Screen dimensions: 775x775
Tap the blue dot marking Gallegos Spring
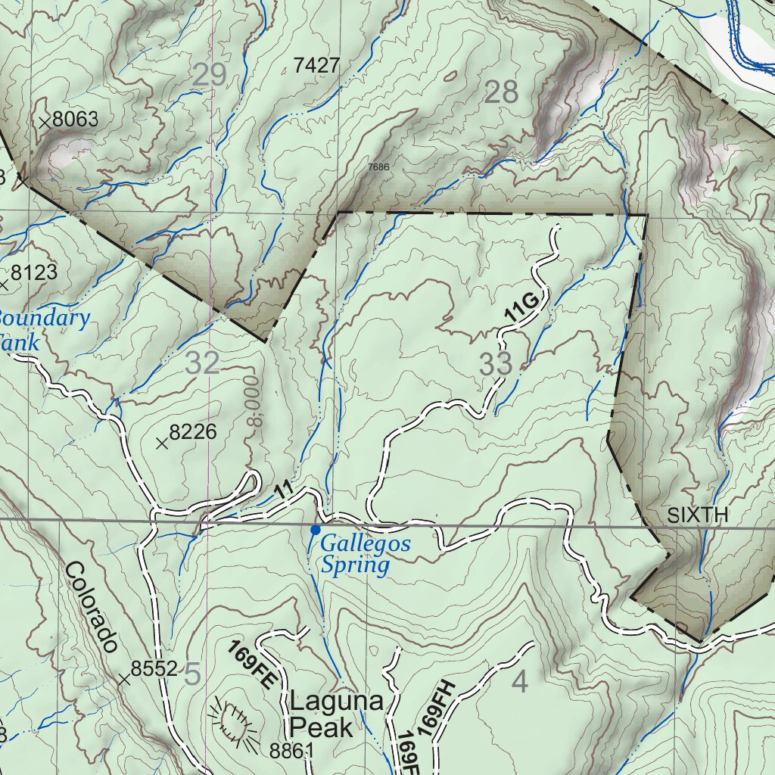(x=315, y=530)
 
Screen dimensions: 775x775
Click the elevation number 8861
(x=291, y=751)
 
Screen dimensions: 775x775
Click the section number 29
(x=210, y=75)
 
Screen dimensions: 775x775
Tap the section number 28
(x=501, y=92)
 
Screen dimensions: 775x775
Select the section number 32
(x=202, y=364)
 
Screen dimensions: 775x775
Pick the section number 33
(x=496, y=365)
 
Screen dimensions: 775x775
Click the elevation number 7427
(x=316, y=66)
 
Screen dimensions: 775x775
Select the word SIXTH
(x=697, y=516)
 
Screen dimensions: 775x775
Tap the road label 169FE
(x=252, y=665)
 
